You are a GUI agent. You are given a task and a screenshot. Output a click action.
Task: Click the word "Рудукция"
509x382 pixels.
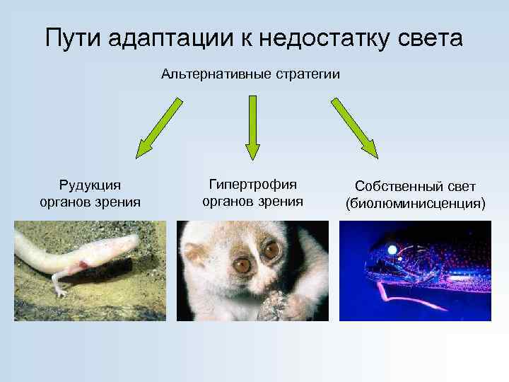(x=90, y=185)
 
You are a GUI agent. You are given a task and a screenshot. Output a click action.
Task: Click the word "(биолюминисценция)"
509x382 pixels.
(x=415, y=204)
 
